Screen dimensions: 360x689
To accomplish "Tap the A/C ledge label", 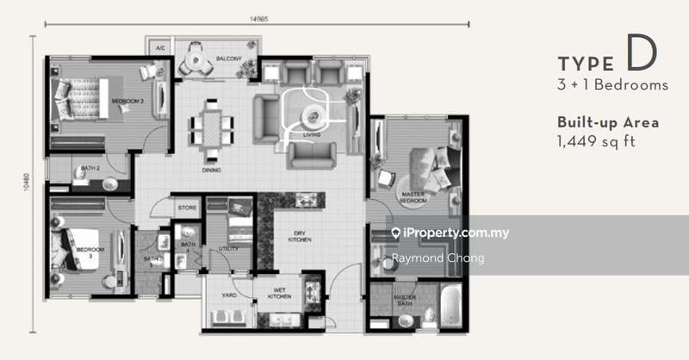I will [160, 49].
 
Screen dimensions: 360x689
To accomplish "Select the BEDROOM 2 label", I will [127, 101].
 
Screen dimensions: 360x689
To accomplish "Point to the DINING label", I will [212, 170].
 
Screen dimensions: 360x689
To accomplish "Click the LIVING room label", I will [300, 135].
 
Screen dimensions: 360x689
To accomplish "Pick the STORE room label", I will [188, 208].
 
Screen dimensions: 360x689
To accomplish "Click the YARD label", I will [229, 295].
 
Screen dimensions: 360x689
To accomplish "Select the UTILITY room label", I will [228, 248].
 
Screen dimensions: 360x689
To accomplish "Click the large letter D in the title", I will [641, 54].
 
